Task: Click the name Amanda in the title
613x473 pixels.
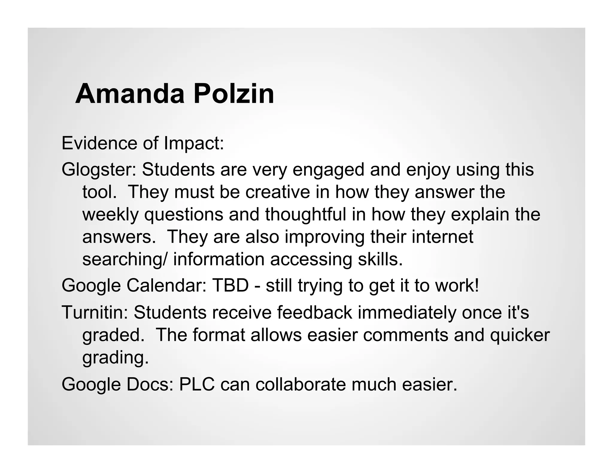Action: [x=130, y=94]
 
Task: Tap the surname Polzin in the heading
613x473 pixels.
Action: [x=234, y=94]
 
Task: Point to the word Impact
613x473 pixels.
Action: [x=194, y=144]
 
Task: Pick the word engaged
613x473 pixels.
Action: [x=328, y=170]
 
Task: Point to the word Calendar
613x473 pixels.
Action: [x=166, y=285]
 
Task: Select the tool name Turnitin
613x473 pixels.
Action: [x=95, y=312]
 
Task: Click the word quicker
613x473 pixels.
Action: [x=520, y=335]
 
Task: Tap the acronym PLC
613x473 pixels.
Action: [x=197, y=384]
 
